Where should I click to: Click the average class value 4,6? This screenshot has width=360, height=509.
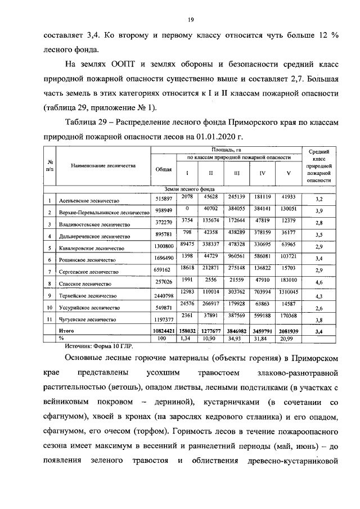coord(318,283)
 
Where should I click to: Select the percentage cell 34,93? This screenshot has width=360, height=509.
coord(236,339)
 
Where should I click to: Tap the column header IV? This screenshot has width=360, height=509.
coord(262,173)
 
